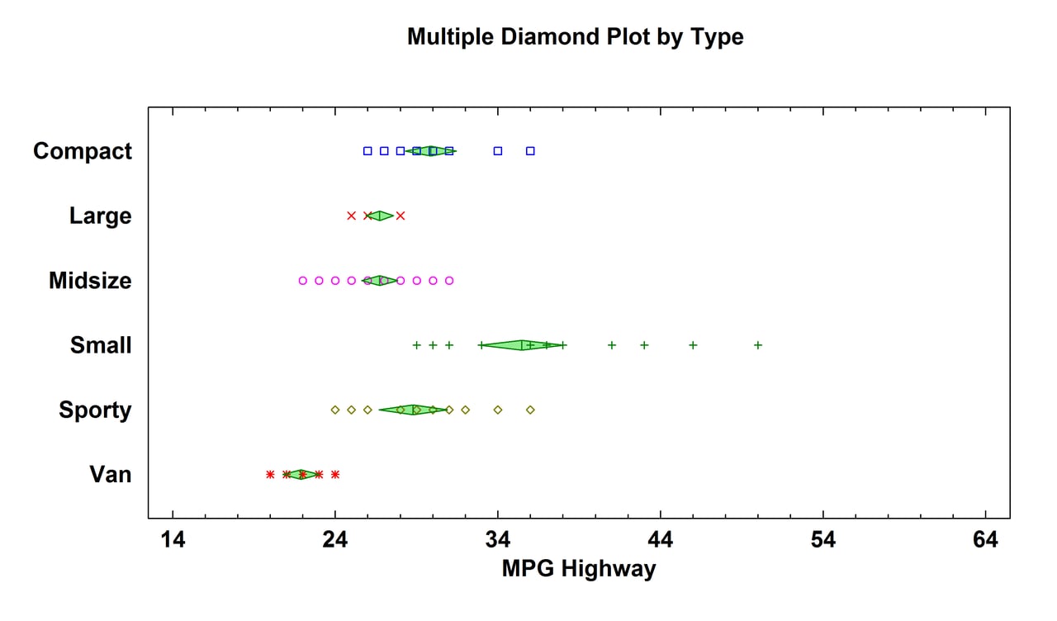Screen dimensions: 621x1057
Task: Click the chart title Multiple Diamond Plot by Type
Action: [575, 37]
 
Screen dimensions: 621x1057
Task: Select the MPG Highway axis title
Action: [578, 569]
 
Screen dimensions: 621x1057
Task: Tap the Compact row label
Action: [83, 151]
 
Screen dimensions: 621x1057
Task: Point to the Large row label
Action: [100, 216]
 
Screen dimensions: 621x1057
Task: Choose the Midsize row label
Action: [90, 281]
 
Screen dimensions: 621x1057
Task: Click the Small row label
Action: [101, 345]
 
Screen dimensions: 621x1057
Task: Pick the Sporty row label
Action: [95, 410]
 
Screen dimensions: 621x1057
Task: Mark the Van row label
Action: [111, 474]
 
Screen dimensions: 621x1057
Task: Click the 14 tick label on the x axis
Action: [173, 541]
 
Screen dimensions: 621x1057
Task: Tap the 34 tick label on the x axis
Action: [498, 541]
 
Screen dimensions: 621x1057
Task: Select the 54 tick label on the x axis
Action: [823, 541]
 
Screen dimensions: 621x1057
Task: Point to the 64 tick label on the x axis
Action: [986, 541]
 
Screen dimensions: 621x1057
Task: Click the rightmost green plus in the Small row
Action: [758, 345]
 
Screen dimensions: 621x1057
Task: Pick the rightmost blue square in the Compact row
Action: [530, 151]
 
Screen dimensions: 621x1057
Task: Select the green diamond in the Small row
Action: [523, 345]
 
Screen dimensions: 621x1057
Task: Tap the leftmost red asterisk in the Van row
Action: [270, 474]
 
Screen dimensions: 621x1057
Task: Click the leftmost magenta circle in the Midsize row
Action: [303, 281]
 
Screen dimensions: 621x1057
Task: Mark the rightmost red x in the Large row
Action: [401, 216]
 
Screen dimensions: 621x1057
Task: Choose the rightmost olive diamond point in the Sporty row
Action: [530, 410]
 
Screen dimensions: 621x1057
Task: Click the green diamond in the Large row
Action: [380, 216]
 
